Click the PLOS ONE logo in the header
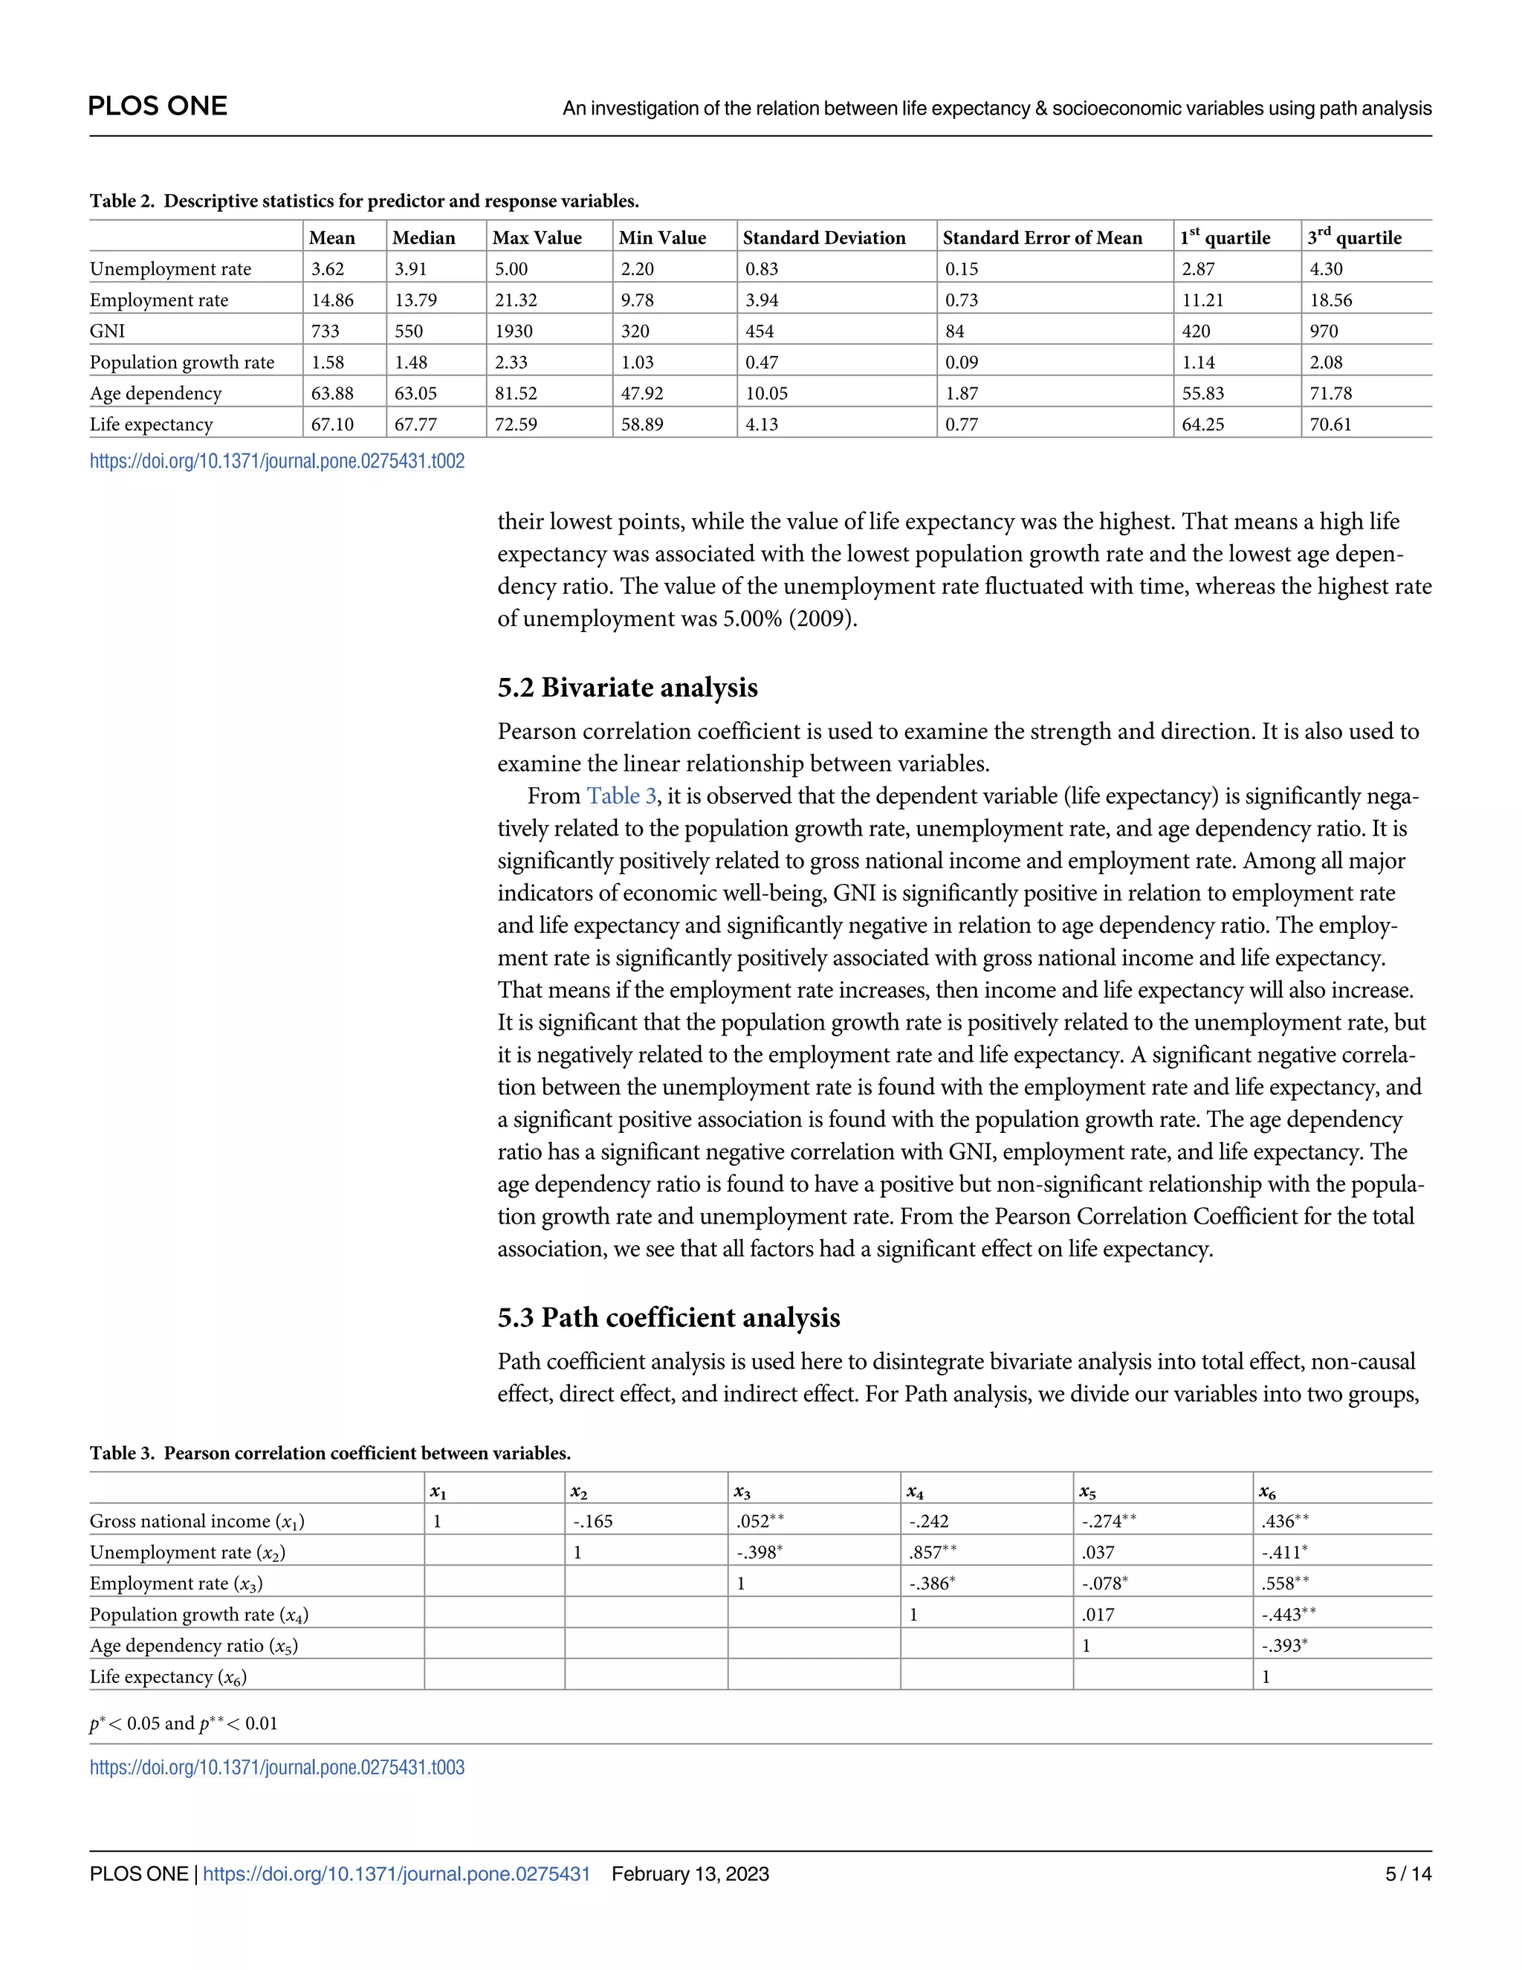click(158, 106)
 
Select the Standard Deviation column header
click(823, 238)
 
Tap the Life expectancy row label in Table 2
click(151, 424)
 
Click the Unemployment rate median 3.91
click(410, 269)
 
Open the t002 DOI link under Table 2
click(276, 461)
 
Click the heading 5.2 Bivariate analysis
click(626, 688)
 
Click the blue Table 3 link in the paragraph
click(621, 795)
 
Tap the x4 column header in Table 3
click(914, 1492)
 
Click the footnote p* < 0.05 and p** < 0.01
click(183, 1723)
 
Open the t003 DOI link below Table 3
click(276, 1767)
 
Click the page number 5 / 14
click(1408, 1873)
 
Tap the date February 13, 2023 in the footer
click(690, 1873)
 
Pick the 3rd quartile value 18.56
click(1330, 300)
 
